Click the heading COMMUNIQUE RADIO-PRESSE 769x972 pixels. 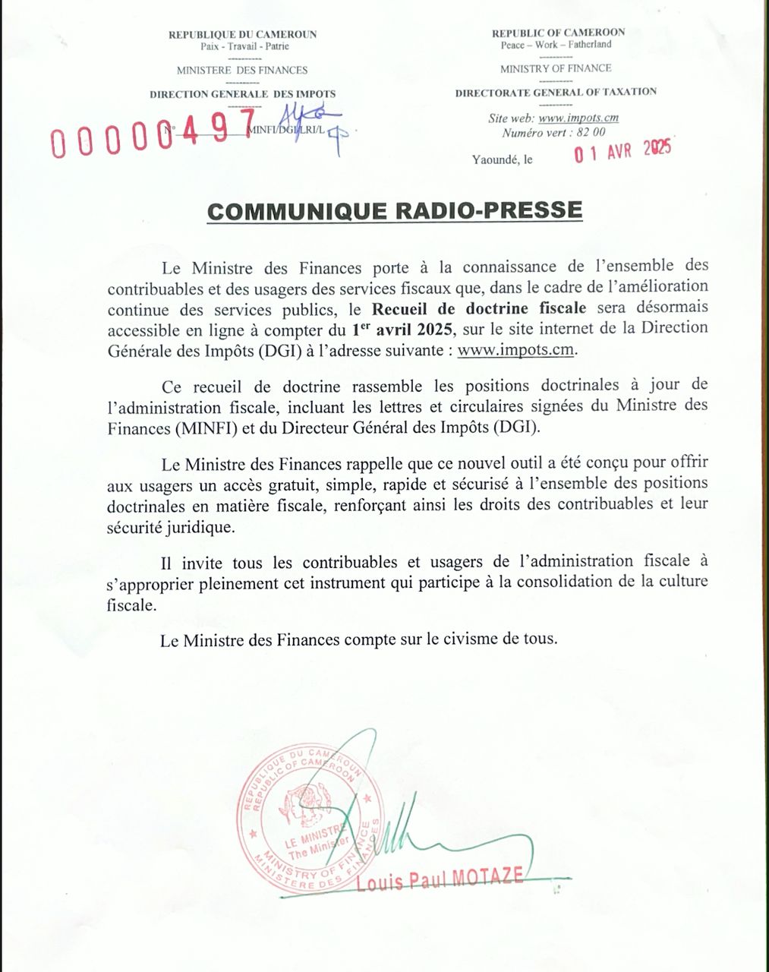click(395, 211)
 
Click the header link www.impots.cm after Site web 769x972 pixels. click(578, 118)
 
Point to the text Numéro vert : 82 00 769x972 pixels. click(554, 132)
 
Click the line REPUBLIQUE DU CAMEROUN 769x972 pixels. click(242, 34)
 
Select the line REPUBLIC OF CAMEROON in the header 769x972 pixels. click(558, 33)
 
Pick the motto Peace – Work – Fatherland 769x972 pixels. click(556, 45)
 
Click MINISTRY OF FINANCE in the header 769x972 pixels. click(556, 68)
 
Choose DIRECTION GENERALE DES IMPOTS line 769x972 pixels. click(242, 94)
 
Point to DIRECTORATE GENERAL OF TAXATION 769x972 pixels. click(556, 92)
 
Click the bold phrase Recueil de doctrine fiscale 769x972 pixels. click(479, 308)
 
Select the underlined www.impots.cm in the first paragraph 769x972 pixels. click(516, 349)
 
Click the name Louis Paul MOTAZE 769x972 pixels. click(440, 879)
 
